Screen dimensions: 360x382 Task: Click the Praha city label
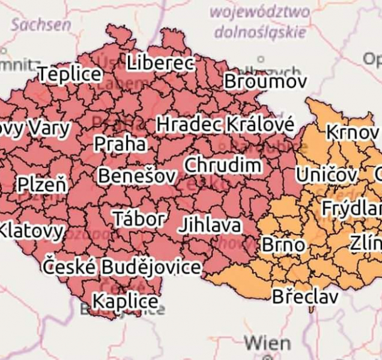click(120, 144)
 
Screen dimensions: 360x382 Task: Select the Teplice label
click(70, 74)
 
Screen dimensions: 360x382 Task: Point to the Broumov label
click(265, 82)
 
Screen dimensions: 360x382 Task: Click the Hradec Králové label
click(225, 125)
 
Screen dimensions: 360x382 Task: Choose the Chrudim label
click(223, 165)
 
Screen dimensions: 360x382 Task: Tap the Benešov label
click(137, 176)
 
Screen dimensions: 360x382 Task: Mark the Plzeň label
click(42, 184)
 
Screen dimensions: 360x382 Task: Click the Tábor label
click(139, 219)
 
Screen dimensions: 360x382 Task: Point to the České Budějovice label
click(122, 266)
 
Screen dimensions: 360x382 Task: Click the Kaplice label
click(126, 301)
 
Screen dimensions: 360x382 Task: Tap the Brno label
click(283, 245)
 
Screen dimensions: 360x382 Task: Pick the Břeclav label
click(305, 296)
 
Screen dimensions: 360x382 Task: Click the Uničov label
click(327, 176)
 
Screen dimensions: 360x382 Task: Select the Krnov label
click(353, 132)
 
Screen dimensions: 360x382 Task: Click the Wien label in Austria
click(268, 344)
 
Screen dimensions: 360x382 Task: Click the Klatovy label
click(31, 230)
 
